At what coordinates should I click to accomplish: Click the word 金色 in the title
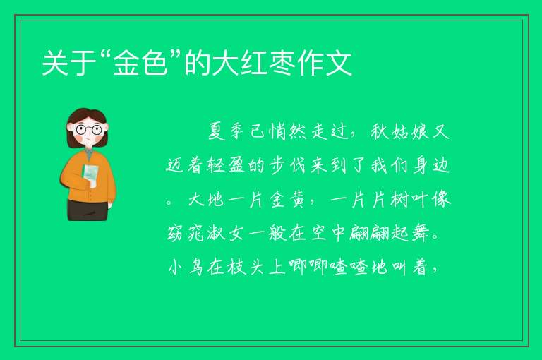pos(141,64)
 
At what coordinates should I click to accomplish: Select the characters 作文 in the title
pos(325,64)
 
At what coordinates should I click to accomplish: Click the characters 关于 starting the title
pos(69,64)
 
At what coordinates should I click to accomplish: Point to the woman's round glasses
pos(88,130)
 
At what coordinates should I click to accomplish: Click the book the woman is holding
pos(90,176)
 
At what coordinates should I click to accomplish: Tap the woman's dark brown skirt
pos(88,210)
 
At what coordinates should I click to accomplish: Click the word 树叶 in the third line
pos(409,200)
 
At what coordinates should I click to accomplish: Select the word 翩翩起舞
pos(390,234)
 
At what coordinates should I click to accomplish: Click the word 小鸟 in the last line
pos(186,268)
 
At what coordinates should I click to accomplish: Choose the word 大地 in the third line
pos(205,200)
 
